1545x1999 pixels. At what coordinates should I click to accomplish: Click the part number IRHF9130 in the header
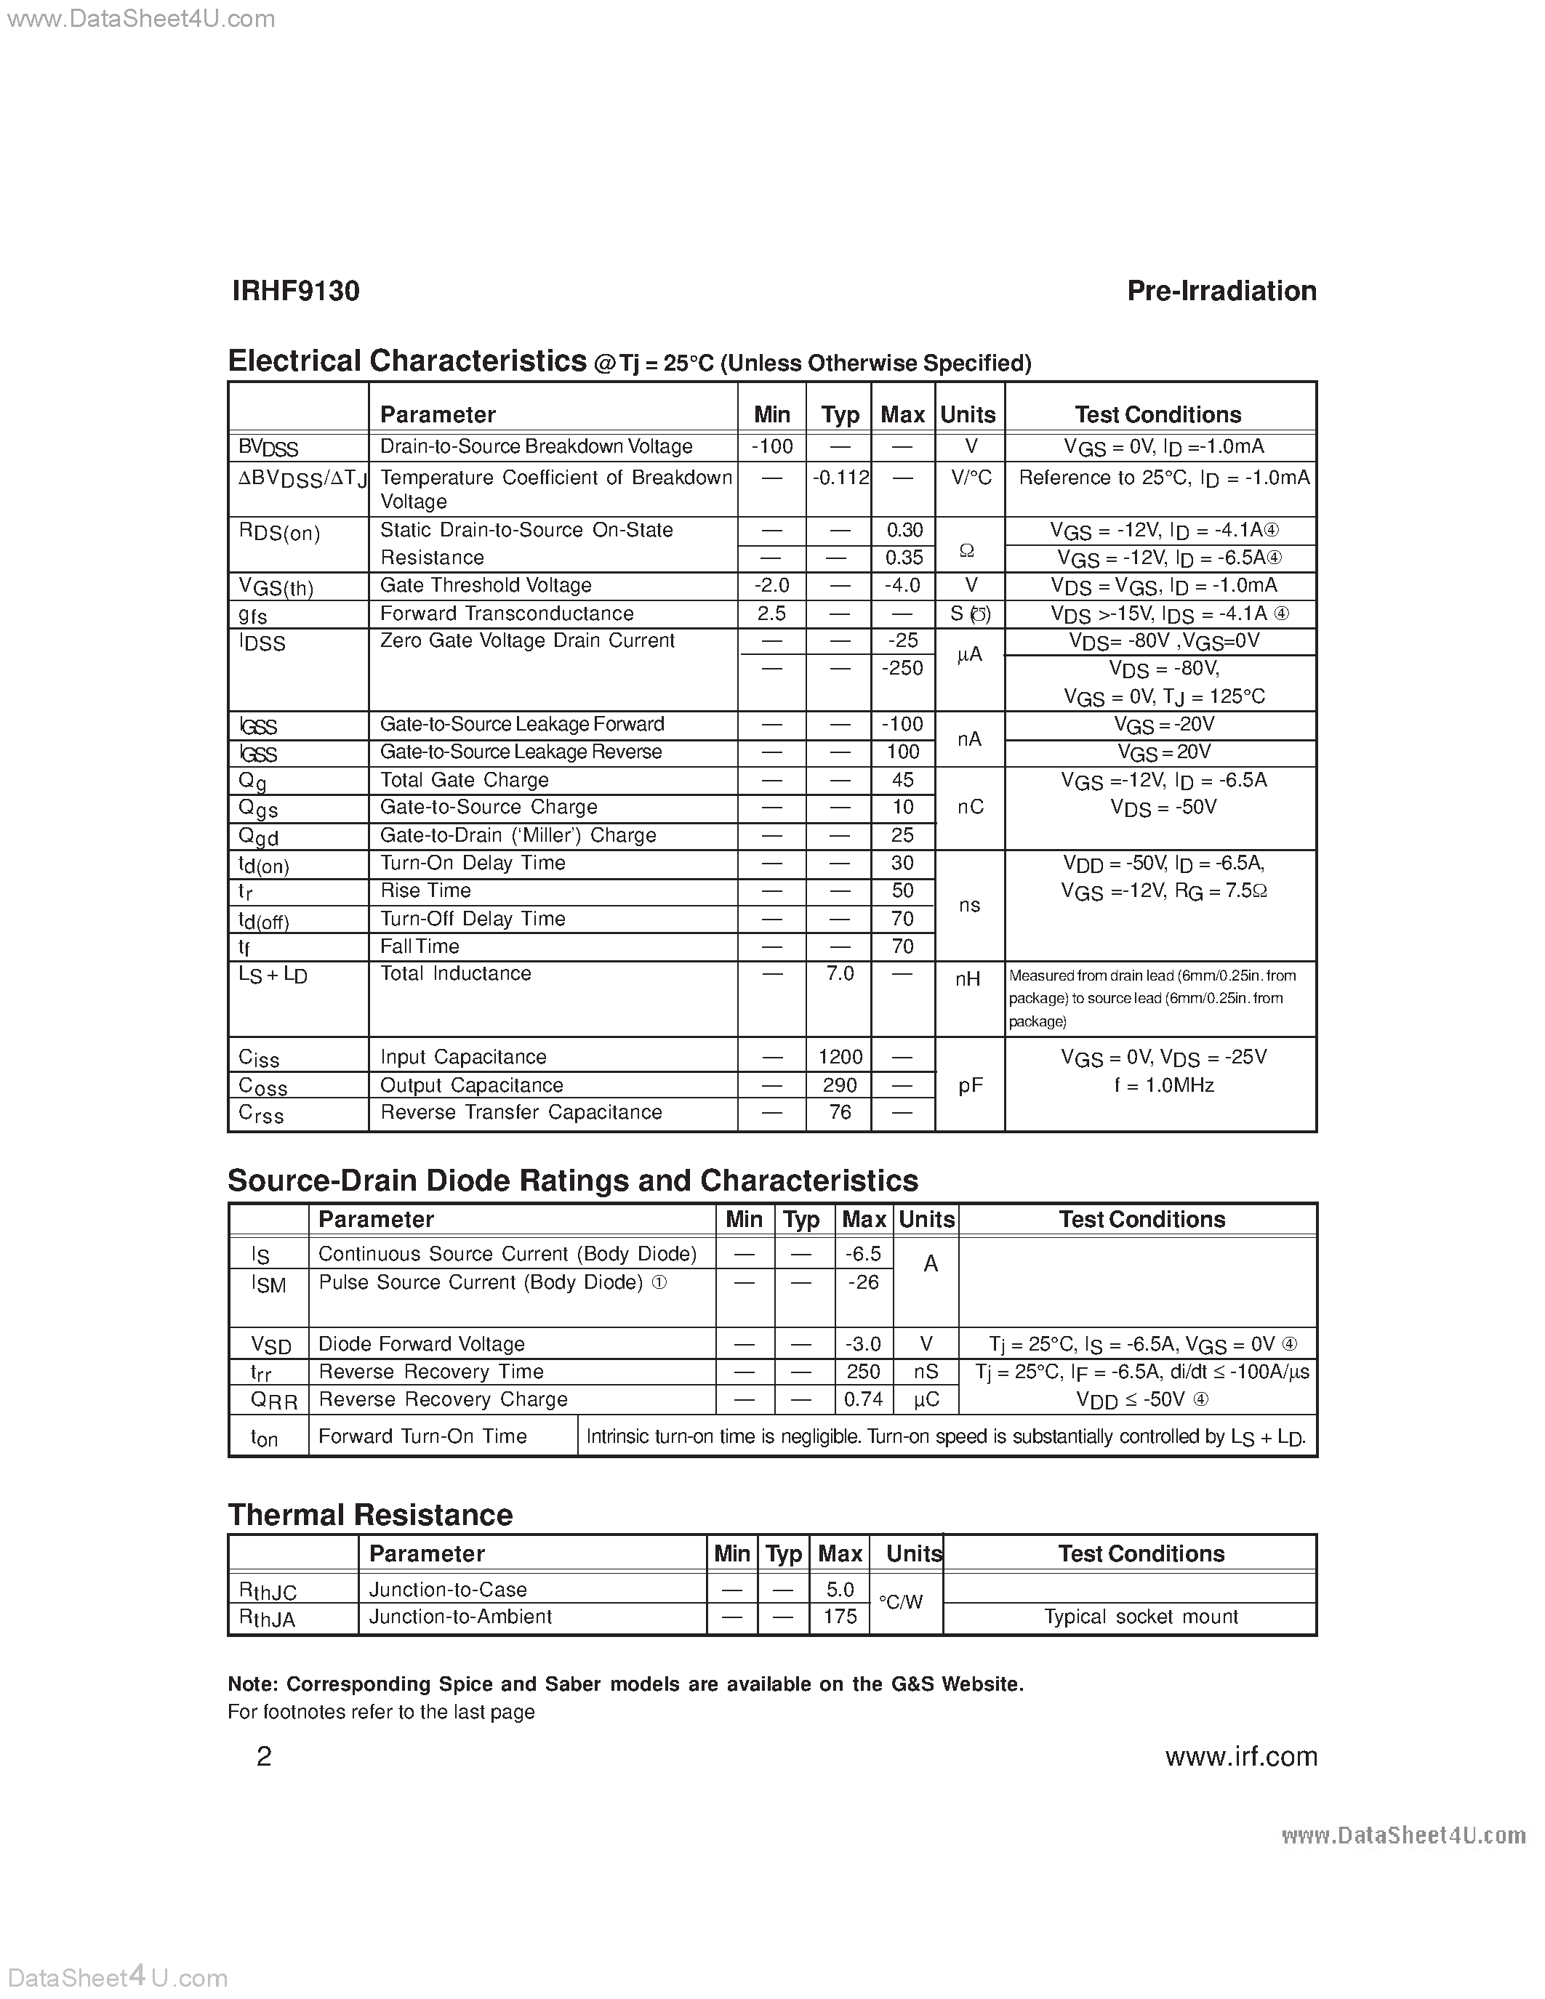(x=296, y=291)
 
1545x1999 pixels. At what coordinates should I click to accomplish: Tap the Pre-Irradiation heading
(x=1221, y=291)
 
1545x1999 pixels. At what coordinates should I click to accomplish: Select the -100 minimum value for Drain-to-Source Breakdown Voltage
(x=771, y=446)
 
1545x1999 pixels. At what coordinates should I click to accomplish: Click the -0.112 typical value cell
(x=839, y=478)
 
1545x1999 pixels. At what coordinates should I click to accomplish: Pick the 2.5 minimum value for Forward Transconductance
(x=771, y=614)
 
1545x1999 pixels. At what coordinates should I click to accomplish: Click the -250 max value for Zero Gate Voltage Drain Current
(x=902, y=669)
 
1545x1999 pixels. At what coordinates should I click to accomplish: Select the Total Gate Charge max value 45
(x=902, y=780)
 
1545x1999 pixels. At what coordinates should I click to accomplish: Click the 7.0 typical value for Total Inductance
(x=839, y=974)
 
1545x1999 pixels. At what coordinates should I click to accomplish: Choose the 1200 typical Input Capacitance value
(x=839, y=1057)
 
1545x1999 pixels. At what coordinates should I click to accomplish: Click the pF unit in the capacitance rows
(x=969, y=1085)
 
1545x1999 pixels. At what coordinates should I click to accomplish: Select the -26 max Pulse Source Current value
(x=863, y=1282)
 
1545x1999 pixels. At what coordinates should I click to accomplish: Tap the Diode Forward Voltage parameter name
(x=421, y=1343)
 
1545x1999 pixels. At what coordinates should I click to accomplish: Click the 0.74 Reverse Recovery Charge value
(x=863, y=1399)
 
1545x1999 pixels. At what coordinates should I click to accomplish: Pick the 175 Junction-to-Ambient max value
(x=839, y=1617)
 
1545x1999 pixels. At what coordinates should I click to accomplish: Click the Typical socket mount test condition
(x=1141, y=1617)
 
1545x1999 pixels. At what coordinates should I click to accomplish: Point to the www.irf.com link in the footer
(x=1240, y=1756)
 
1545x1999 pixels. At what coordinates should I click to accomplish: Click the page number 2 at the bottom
(x=264, y=1756)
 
